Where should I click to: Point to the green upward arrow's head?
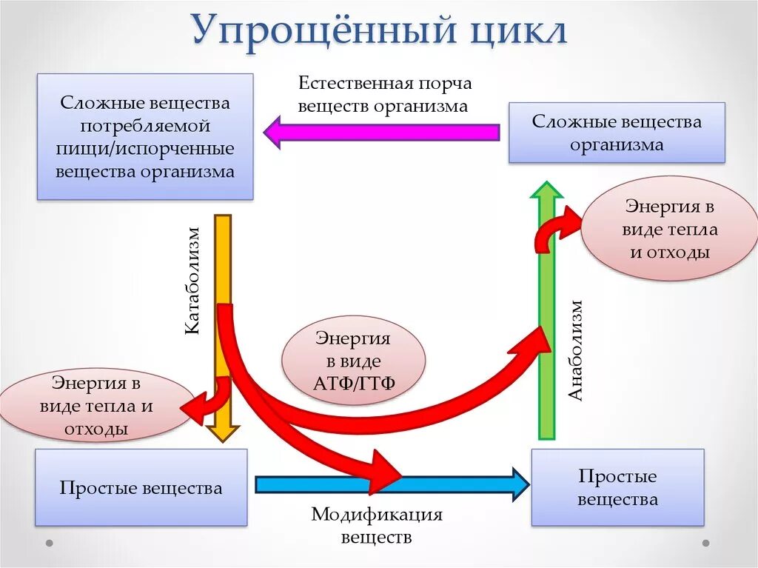pos(547,190)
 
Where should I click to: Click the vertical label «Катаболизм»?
pos(192,281)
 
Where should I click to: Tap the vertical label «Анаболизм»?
pos(577,350)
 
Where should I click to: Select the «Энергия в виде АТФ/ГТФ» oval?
pos(353,361)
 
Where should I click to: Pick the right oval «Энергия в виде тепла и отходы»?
pos(669,228)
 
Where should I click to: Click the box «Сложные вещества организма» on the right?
pos(616,133)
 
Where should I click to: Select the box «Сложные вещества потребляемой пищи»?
pos(145,136)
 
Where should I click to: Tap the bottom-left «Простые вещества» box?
pos(141,488)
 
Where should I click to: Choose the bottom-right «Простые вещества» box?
pos(617,488)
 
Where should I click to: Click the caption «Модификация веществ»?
pos(376,525)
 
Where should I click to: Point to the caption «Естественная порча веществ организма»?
pos(384,94)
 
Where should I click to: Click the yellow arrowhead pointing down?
pos(222,433)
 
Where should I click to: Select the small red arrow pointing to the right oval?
pos(559,226)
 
